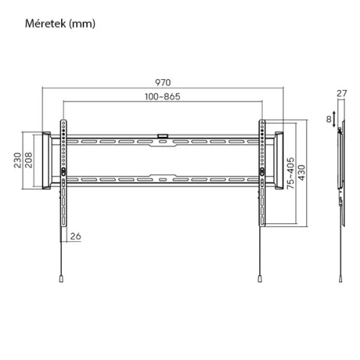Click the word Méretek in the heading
tap(45, 23)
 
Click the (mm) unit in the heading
tap(83, 23)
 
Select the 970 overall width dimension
tap(163, 81)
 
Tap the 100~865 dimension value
tap(163, 96)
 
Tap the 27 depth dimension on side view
tap(342, 92)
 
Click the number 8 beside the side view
tap(328, 119)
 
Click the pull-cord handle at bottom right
tap(259, 280)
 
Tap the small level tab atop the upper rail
tap(163, 133)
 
